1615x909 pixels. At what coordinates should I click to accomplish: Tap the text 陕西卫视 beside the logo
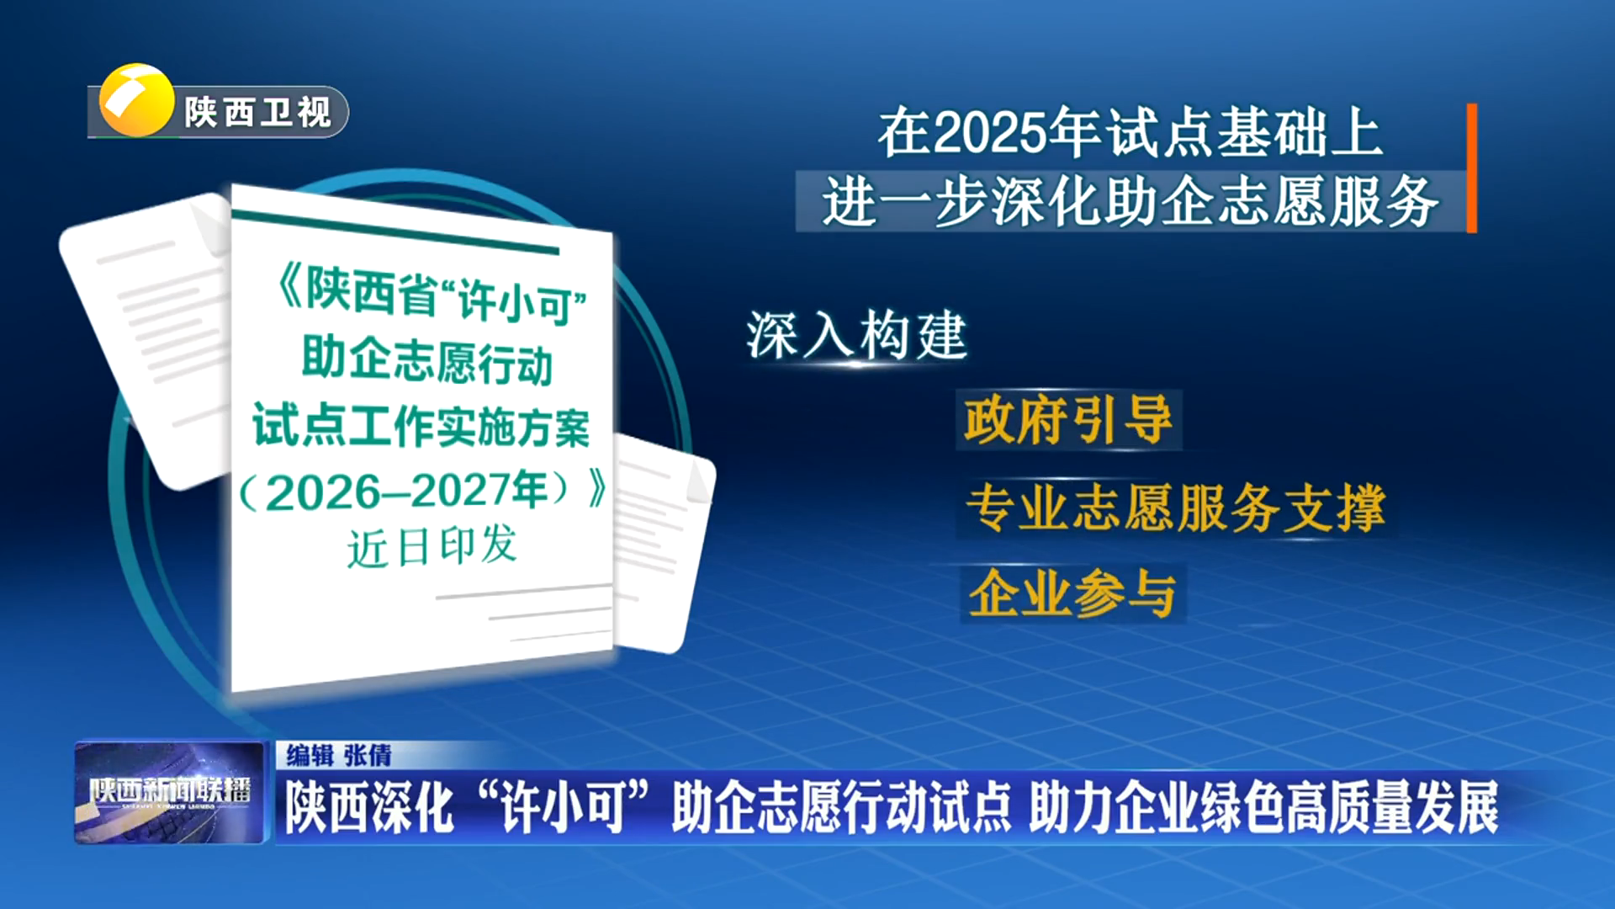[258, 113]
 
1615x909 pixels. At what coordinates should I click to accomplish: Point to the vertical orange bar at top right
[1471, 167]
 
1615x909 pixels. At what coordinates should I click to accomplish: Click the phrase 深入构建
[856, 335]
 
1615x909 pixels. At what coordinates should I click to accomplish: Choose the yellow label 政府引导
[1068, 420]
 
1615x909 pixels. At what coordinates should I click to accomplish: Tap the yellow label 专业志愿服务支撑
[1175, 508]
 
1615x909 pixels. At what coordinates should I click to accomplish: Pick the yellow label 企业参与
[1072, 593]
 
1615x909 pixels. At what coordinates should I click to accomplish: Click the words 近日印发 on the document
[432, 547]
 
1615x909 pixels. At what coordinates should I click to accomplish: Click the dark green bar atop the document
[395, 231]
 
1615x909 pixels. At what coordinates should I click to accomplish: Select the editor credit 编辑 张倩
[339, 755]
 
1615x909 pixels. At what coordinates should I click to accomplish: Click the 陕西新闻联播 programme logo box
[170, 792]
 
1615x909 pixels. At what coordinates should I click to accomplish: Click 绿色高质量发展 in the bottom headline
[1349, 807]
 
